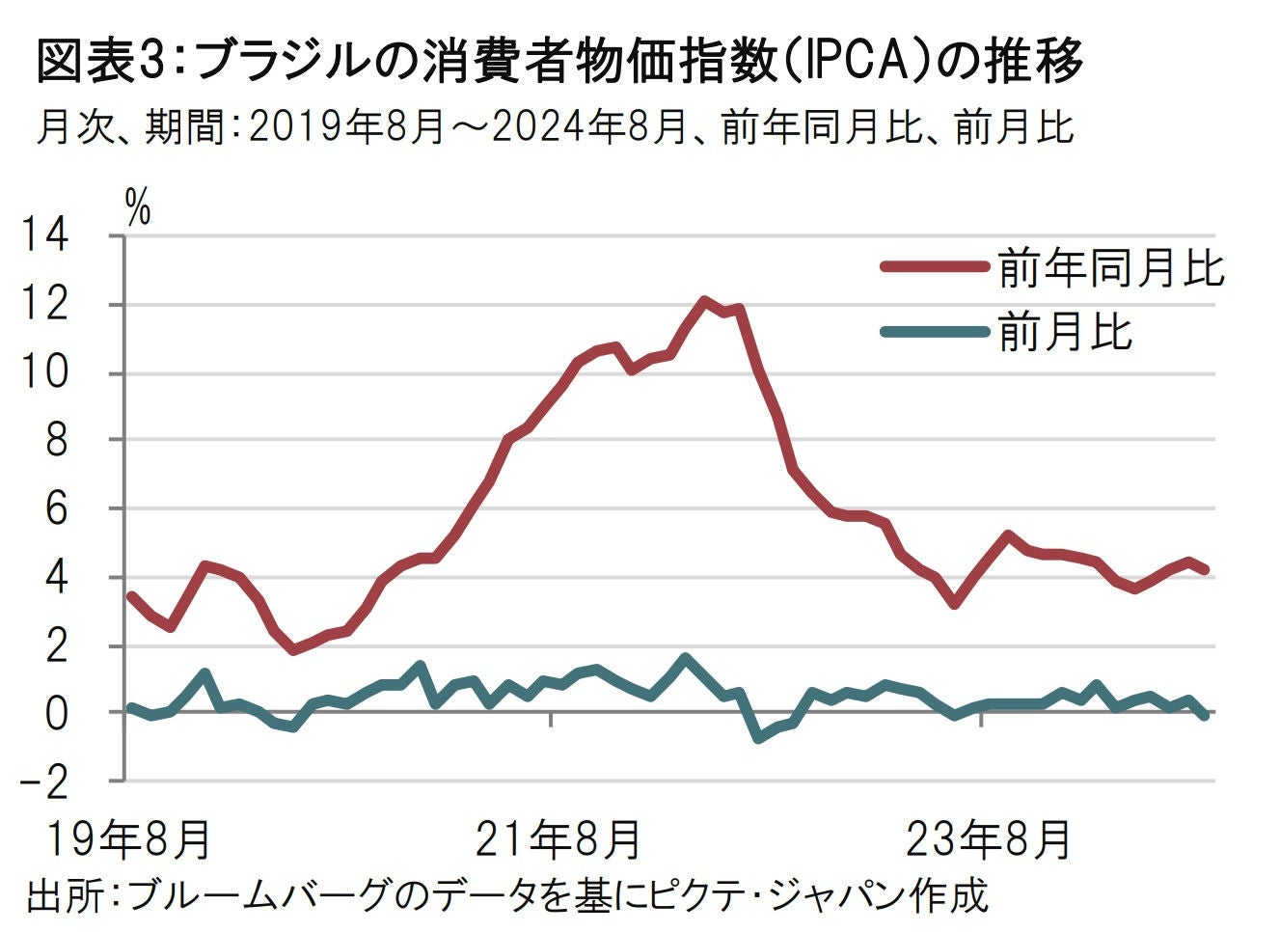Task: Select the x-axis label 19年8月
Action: pos(128,839)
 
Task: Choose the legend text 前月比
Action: pos(1065,332)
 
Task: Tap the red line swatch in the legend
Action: pos(935,267)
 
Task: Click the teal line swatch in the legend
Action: pos(935,332)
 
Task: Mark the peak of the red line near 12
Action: pos(704,300)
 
